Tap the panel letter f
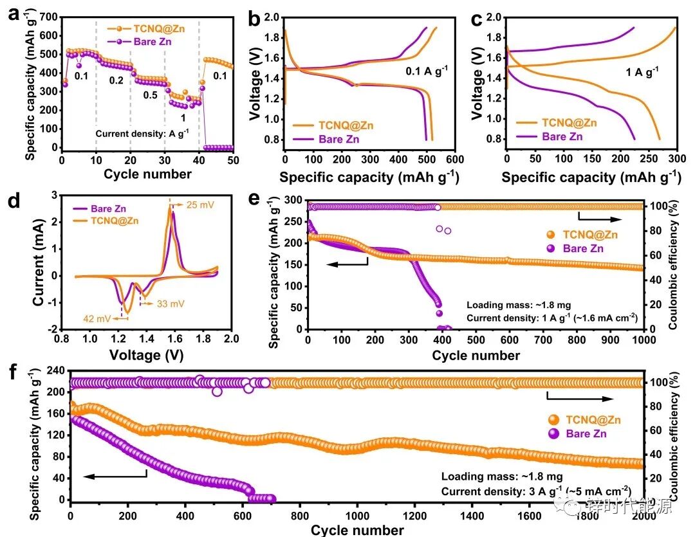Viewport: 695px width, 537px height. pos(11,373)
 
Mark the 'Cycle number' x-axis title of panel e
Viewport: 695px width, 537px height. pos(476,355)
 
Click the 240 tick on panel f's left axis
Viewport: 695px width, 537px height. pos(52,370)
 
